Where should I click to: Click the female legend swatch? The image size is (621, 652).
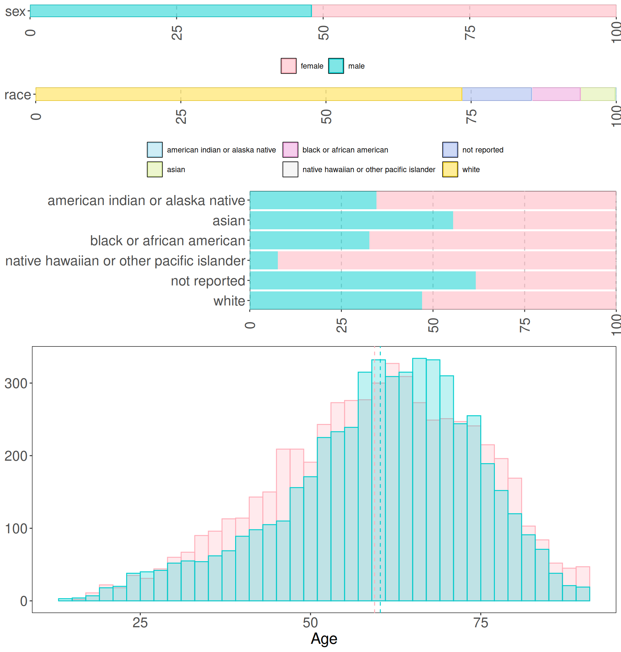288,66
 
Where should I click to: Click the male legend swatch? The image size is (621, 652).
336,66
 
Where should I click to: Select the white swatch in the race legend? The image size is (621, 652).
450,169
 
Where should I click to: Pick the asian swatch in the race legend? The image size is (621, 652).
155,169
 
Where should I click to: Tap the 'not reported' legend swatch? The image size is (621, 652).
450,150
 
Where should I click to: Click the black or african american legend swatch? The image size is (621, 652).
290,150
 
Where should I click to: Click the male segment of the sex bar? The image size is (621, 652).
170,11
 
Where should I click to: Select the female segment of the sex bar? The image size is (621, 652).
463,11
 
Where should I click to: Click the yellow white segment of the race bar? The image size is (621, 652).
248,94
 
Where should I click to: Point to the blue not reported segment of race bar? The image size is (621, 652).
496,94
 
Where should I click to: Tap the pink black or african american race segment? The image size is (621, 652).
556,94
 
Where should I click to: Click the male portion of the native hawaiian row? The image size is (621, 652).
264,260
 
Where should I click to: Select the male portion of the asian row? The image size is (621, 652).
351,221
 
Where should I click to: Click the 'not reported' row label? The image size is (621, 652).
208,281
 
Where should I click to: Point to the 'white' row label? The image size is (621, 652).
229,301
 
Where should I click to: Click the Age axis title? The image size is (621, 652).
324,639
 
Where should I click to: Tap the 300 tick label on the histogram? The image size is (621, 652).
16,384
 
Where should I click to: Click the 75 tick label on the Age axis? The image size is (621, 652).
480,623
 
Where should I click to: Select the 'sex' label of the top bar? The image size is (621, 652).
15,12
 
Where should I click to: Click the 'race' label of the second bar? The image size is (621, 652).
17,95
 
